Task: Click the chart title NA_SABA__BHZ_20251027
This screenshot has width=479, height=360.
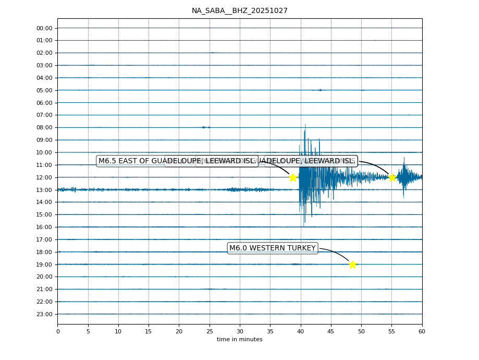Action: (239, 10)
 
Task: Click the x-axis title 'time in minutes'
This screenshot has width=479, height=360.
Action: (239, 340)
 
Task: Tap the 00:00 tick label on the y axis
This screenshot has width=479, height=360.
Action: (44, 28)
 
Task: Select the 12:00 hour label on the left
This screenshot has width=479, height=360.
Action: (44, 177)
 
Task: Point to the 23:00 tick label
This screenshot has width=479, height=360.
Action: (44, 314)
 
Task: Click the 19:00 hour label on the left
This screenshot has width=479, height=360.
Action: (44, 265)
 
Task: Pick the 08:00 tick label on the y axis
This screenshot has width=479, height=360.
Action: (44, 127)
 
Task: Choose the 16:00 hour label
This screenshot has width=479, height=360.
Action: (44, 227)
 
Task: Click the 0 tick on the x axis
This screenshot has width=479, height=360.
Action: (58, 331)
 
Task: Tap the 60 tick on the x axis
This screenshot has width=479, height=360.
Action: (422, 331)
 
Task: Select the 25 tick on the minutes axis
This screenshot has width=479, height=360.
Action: (210, 331)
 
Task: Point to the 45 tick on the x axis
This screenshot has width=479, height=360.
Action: (331, 331)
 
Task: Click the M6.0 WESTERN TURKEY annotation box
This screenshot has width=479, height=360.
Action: (272, 248)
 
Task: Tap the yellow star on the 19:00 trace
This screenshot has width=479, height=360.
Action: (352, 265)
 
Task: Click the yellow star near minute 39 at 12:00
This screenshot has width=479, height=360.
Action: (293, 177)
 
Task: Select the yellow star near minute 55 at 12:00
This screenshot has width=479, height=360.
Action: (392, 177)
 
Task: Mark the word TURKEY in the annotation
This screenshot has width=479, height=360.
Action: (301, 248)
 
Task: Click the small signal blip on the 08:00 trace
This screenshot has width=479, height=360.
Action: (205, 127)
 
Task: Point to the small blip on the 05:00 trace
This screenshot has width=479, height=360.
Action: (320, 90)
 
